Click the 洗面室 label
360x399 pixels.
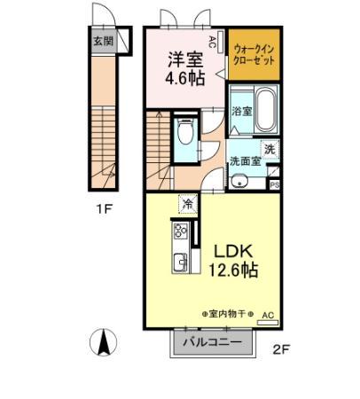coord(244,161)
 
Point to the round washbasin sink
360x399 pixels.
coord(239,182)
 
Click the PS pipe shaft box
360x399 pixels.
coord(275,184)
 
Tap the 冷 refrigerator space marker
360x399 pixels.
coord(188,205)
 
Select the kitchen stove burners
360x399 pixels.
coord(180,234)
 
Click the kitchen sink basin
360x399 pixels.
coord(180,262)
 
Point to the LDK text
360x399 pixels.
coord(230,250)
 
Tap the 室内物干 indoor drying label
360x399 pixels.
coord(227,315)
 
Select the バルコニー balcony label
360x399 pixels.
coord(212,342)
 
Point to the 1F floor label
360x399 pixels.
coord(104,212)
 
